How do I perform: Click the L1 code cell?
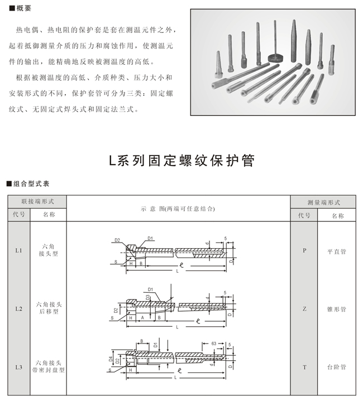tap(18, 251)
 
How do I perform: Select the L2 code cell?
tap(18, 308)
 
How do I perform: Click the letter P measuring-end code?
tap(304, 251)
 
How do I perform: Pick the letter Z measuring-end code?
tap(304, 308)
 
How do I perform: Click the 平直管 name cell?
tap(336, 251)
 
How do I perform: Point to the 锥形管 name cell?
tap(336, 308)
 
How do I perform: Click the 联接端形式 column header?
tap(37, 201)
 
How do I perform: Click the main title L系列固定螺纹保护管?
tap(181, 161)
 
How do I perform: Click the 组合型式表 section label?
tap(30, 183)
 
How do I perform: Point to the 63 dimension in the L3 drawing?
tap(213, 344)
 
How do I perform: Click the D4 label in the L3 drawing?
tap(111, 359)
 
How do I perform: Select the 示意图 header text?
tap(178, 209)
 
